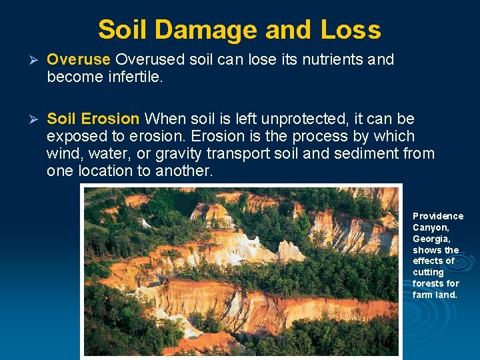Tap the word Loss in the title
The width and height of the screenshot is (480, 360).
[350, 30]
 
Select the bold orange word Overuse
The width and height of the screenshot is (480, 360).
[78, 59]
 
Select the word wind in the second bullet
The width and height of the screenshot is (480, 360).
[64, 154]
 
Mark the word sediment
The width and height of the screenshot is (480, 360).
[368, 154]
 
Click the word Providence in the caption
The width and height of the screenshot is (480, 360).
[437, 216]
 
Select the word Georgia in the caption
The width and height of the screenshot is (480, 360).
[431, 239]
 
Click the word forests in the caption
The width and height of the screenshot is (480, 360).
[430, 283]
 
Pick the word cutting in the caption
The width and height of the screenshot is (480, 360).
[428, 272]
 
